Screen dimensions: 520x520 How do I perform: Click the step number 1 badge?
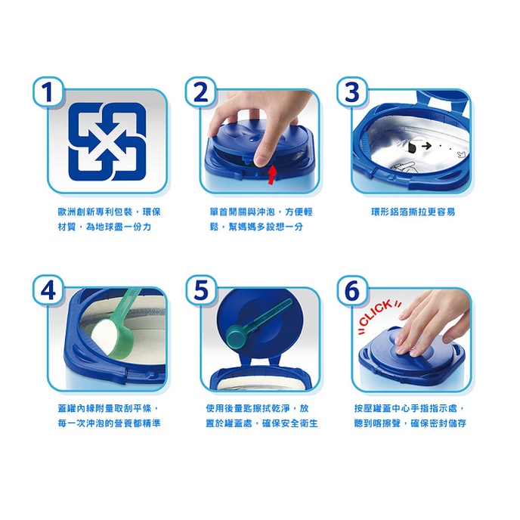pyautogui.click(x=48, y=92)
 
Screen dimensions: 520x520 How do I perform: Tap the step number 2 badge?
pyautogui.click(x=200, y=92)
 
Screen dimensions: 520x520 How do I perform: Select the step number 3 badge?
pyautogui.click(x=352, y=92)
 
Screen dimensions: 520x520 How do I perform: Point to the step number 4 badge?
pyautogui.click(x=48, y=289)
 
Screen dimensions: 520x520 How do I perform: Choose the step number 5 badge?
pyautogui.click(x=200, y=289)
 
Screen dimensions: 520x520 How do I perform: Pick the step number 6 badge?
pyautogui.click(x=352, y=289)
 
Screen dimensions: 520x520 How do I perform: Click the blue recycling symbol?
pyautogui.click(x=107, y=141)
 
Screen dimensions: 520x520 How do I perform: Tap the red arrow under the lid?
pyautogui.click(x=272, y=175)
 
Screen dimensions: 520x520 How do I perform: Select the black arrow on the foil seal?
pyautogui.click(x=426, y=145)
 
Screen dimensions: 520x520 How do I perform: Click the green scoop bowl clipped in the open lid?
pyautogui.click(x=236, y=336)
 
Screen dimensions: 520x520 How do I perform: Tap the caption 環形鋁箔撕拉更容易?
pyautogui.click(x=413, y=212)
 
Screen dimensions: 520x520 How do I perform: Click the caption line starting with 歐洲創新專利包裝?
pyautogui.click(x=109, y=212)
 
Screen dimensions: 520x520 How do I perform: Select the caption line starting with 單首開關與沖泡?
pyautogui.click(x=261, y=212)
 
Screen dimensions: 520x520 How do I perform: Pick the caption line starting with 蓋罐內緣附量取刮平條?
pyautogui.click(x=109, y=408)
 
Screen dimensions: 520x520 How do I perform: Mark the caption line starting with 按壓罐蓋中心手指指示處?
pyautogui.click(x=410, y=408)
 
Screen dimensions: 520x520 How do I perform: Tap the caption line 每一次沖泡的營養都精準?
pyautogui.click(x=109, y=423)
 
